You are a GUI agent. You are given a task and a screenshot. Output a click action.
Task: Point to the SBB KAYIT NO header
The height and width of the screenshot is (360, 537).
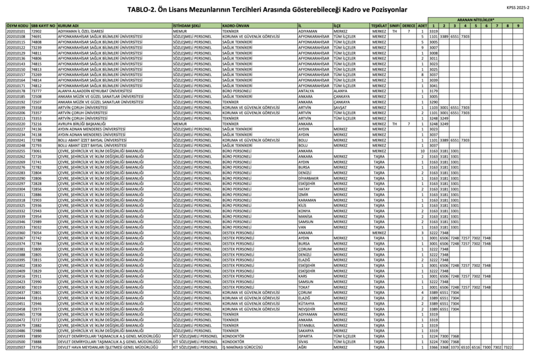pyautogui.click(x=43, y=25)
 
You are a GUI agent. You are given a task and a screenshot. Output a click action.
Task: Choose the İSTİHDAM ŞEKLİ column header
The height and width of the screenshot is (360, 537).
pyautogui.click(x=187, y=25)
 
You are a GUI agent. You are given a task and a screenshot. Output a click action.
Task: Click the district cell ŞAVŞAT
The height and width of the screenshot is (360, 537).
pyautogui.click(x=340, y=107)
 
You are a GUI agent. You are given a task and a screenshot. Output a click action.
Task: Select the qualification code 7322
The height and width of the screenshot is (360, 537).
pyautogui.click(x=508, y=347)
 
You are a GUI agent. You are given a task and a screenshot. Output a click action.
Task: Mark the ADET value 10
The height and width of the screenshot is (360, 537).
pyautogui.click(x=421, y=151)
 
